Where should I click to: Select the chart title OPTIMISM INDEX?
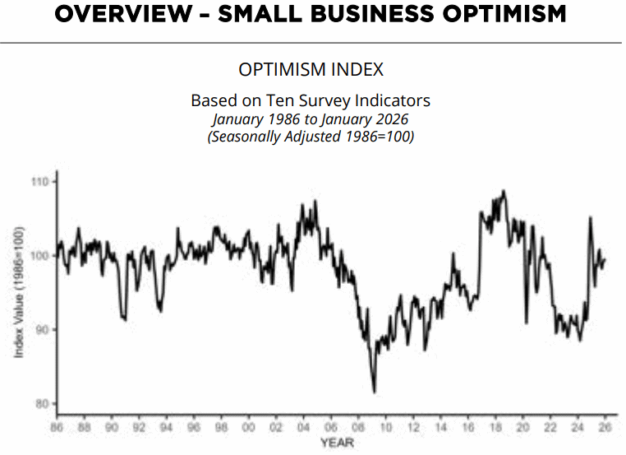coord(311,69)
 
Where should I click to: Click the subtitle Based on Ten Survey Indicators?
coord(311,100)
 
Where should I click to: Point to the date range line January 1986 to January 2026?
coord(311,118)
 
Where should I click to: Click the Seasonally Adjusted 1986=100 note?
coord(311,137)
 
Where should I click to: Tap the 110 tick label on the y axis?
coord(38,181)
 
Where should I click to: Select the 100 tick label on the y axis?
coord(38,255)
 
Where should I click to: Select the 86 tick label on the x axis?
coord(57,428)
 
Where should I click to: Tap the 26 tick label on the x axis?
coord(604,428)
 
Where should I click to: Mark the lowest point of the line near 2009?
coord(374,392)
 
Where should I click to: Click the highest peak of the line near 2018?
coord(504,191)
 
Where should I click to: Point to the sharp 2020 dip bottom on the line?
coord(526,322)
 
